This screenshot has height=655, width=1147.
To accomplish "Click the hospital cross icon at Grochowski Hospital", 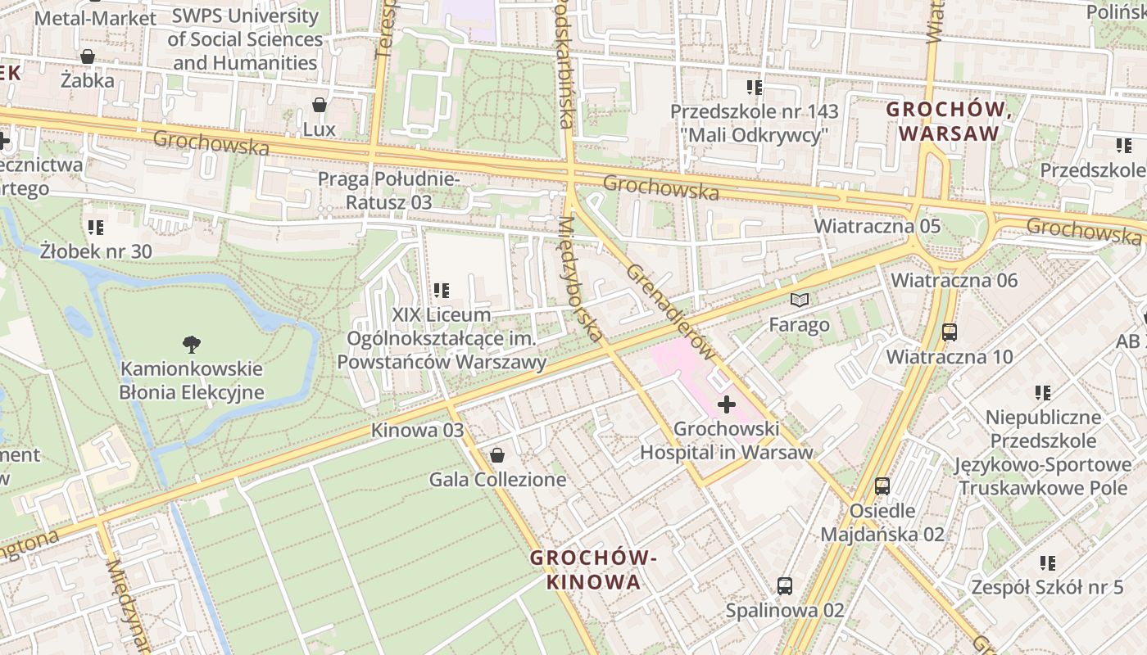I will point(726,404).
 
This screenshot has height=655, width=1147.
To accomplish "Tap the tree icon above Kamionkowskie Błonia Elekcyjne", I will point(192,344).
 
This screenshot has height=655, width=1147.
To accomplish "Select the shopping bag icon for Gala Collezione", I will point(496,454).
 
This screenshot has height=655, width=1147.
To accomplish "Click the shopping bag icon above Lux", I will point(320,105).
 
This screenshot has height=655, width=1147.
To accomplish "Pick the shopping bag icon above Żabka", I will point(87,56).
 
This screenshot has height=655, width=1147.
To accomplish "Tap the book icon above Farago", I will point(799,300).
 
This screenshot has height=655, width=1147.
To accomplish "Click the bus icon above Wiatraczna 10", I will point(950,332).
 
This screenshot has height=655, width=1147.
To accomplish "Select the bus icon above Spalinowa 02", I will point(784,585).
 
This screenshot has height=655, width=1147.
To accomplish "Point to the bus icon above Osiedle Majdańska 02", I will point(882,486).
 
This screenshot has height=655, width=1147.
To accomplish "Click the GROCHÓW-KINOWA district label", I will point(593,570).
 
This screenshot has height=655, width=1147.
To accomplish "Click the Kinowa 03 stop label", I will point(417,430).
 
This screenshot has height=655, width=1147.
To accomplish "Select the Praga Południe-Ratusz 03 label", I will point(389,190).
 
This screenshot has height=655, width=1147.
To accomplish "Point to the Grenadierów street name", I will point(670,311).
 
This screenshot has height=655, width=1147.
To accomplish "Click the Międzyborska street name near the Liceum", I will point(583,278).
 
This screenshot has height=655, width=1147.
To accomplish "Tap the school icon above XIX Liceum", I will point(442,290).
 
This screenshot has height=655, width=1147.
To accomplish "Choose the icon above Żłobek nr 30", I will point(96,227).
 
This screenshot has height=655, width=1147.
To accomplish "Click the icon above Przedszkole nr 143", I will point(755,87).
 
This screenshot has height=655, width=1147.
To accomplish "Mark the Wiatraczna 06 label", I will point(954,280).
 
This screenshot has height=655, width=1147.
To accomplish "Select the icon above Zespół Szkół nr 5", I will point(1047,562).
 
